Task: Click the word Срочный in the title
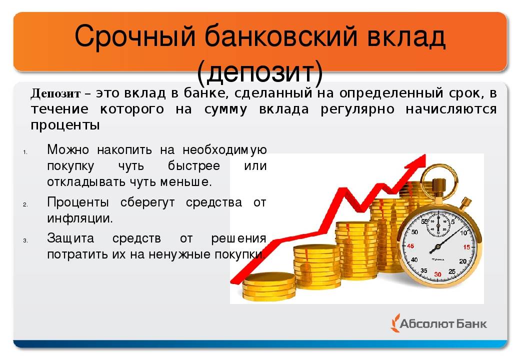coord(135,36)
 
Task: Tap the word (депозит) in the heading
coord(259,71)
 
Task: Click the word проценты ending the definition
coord(65,125)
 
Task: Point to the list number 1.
coord(25,152)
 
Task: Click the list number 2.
coord(25,205)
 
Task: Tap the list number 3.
coord(25,241)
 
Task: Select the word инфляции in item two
coord(80,218)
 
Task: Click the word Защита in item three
coord(70,238)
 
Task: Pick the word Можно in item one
coord(68,149)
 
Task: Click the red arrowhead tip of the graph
coord(425,154)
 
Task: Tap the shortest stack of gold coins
coord(269,285)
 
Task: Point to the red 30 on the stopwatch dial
coord(438,274)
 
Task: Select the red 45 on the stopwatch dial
coord(410,246)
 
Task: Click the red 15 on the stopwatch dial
coord(466,247)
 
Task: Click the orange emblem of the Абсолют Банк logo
coord(395,323)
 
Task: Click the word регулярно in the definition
coord(357,109)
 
